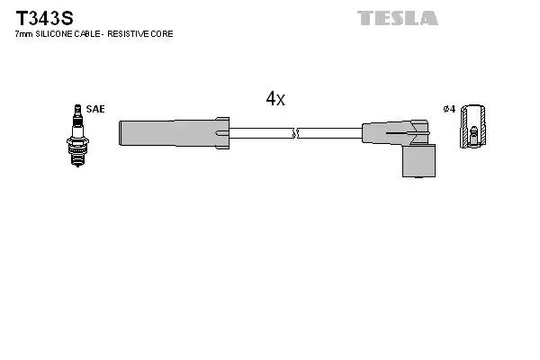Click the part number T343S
tap(43, 17)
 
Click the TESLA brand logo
tap(397, 18)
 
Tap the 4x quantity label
tap(274, 100)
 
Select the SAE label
tap(96, 109)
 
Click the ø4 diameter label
tap(449, 109)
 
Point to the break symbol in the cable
tap(295, 133)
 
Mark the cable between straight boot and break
tap(261, 133)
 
